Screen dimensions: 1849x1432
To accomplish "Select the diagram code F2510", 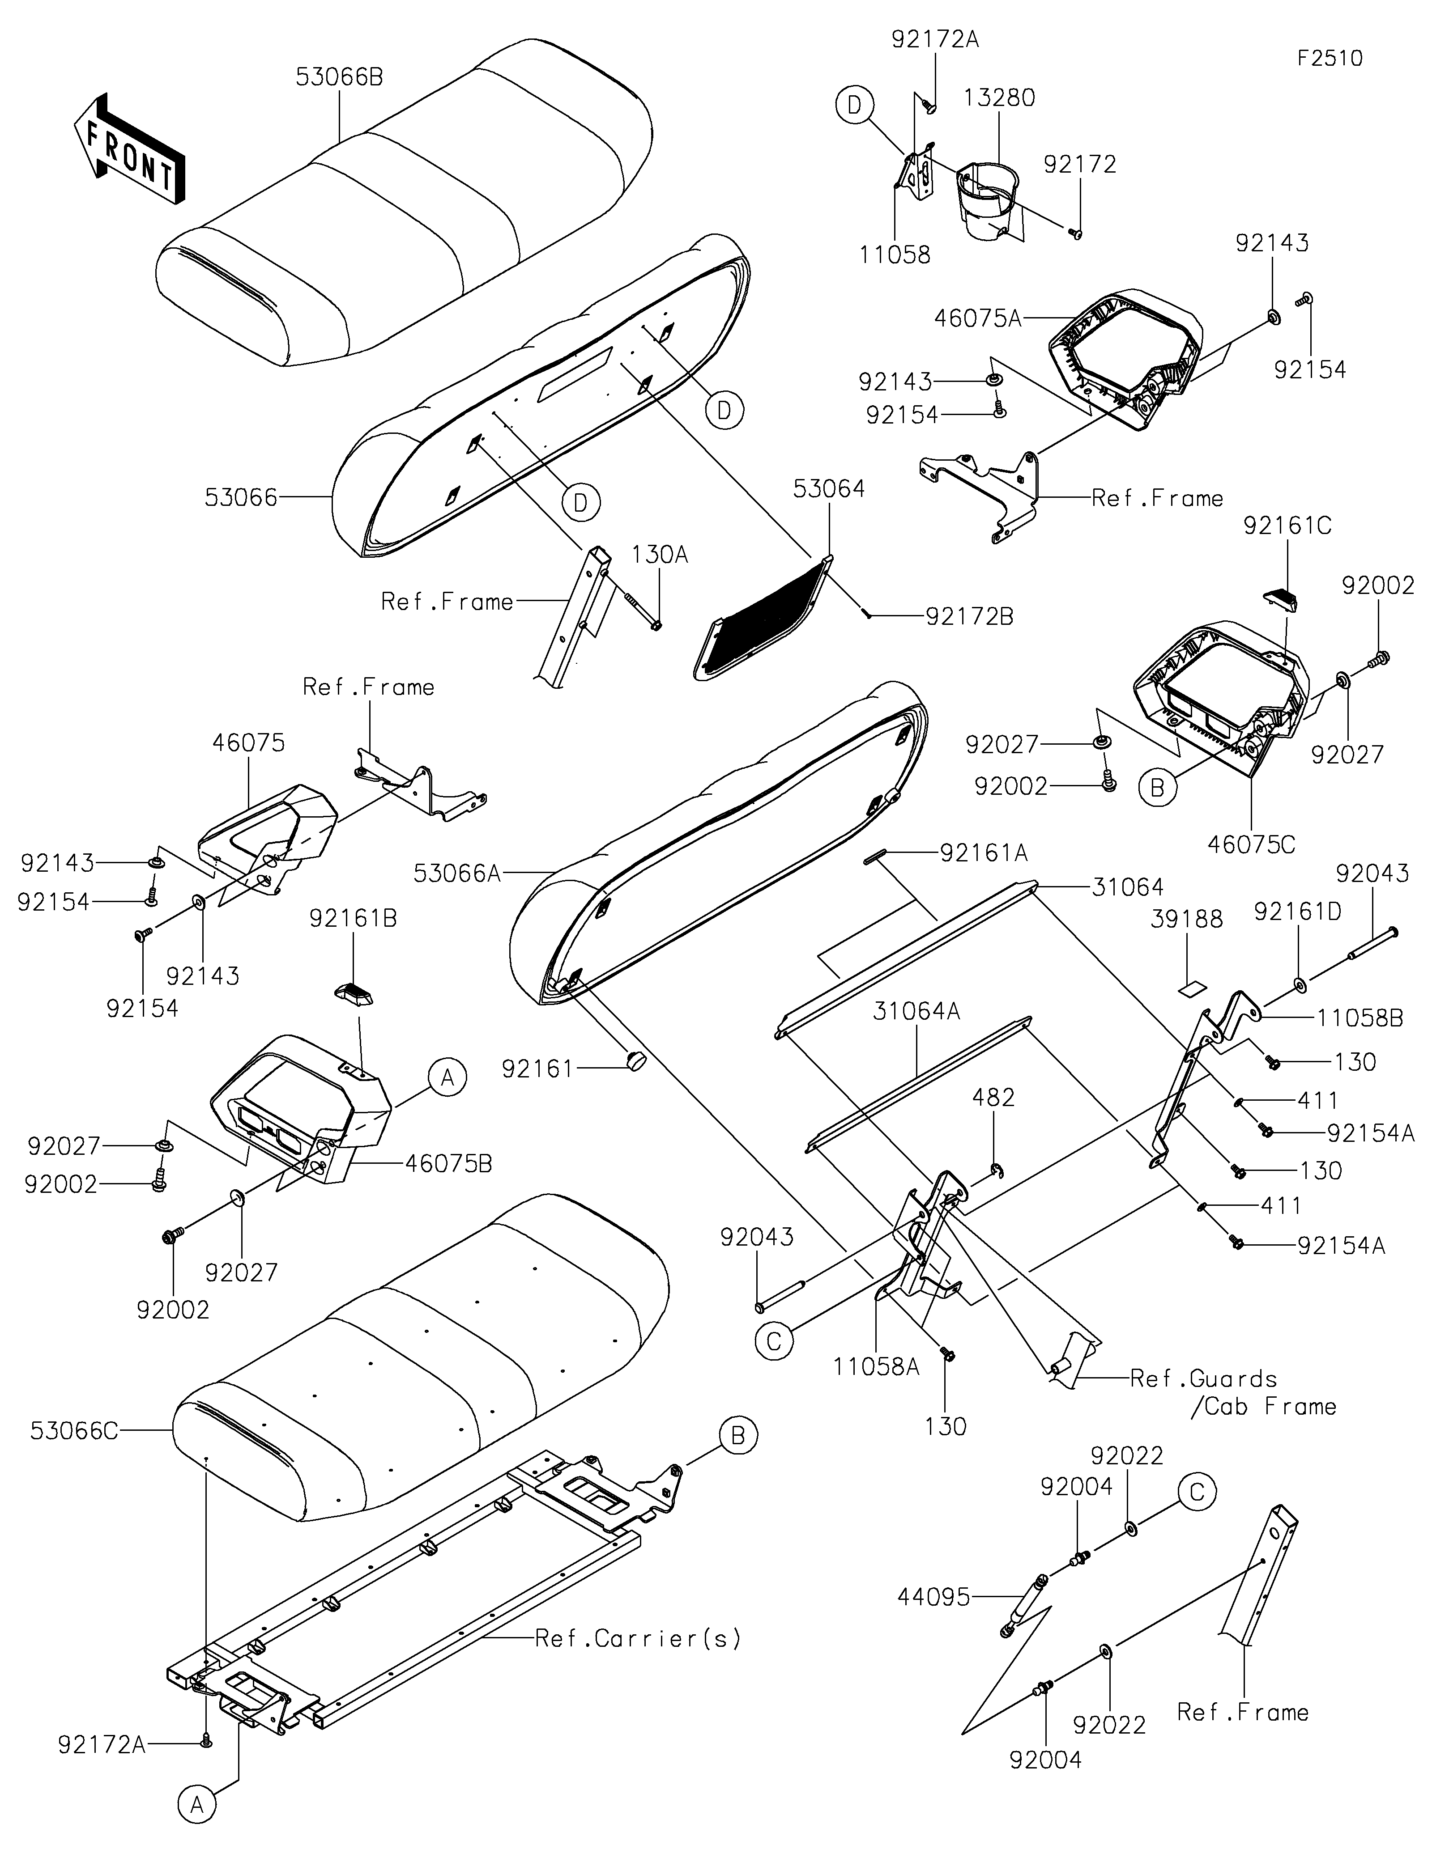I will (x=1330, y=59).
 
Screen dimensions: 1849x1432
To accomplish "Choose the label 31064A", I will (x=917, y=1011).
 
